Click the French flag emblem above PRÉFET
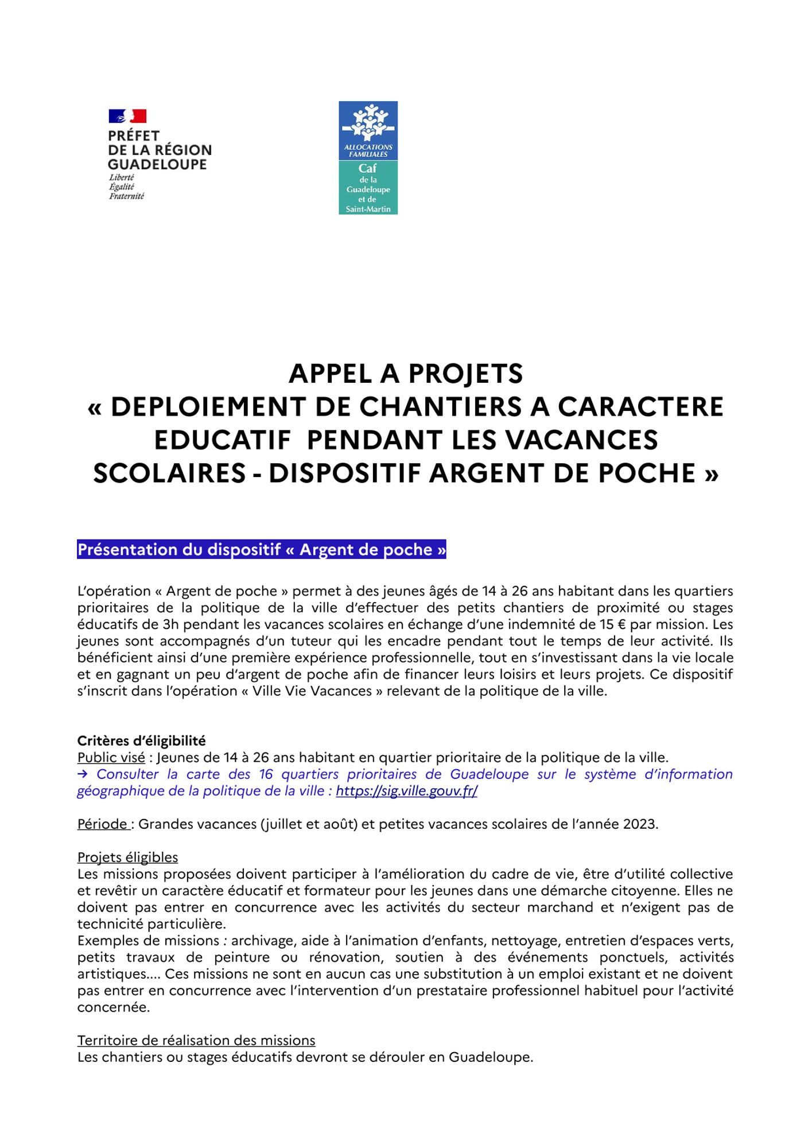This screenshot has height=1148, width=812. pos(127,117)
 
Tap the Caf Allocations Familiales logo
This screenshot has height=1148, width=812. pos(368,158)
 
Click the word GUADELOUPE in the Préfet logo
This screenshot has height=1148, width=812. pos(157,164)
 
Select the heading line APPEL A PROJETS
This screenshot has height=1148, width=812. pos(406,374)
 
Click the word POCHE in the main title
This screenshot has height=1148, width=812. pos(647,474)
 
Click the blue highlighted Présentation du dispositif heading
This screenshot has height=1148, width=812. pos(262,550)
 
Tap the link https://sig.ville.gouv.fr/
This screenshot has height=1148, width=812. pos(406,791)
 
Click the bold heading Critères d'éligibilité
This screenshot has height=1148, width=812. pos(141,740)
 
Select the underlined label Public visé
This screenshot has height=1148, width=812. pos(111,758)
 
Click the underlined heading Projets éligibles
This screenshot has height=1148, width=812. pos(127,858)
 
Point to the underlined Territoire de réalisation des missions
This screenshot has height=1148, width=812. pos(196,1041)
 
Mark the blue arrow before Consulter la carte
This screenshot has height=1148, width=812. pos(82,774)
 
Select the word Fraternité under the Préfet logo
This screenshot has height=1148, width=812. pos(126,196)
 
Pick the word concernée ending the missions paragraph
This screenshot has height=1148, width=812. pos(113,1007)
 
